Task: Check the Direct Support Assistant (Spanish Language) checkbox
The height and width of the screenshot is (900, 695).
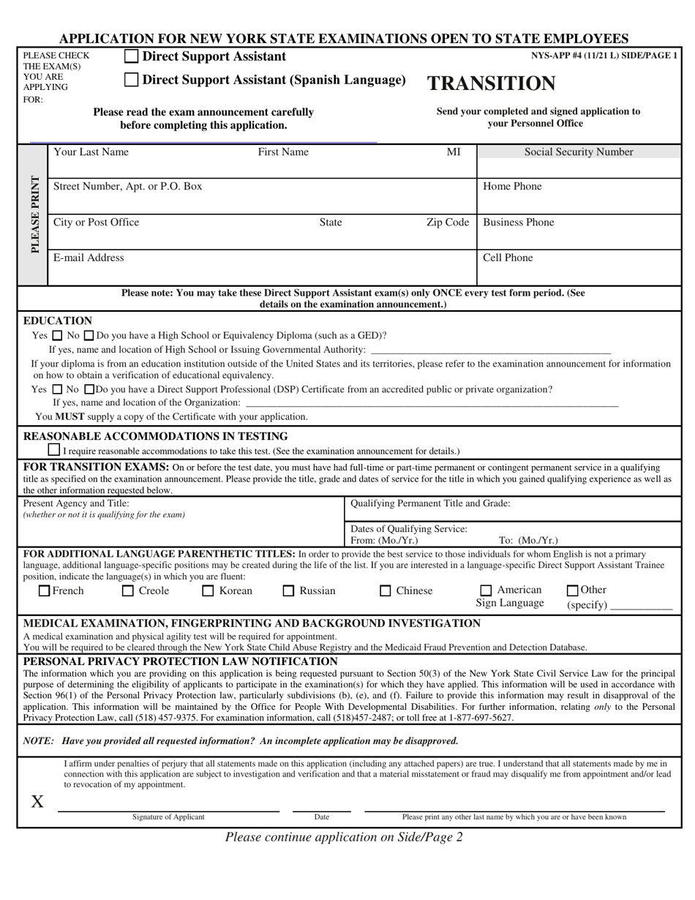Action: (x=131, y=80)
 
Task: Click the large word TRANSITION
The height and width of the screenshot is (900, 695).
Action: (x=491, y=83)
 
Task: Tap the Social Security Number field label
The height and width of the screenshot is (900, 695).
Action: (x=579, y=152)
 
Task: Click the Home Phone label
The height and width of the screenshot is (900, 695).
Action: (x=512, y=187)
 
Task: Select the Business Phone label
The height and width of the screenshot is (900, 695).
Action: (x=519, y=222)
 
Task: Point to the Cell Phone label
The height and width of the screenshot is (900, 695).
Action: (x=508, y=258)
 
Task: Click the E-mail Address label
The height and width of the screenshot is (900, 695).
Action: (x=89, y=258)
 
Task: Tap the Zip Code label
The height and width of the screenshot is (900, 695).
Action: (x=447, y=222)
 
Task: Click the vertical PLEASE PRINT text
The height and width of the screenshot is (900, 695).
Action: (x=34, y=214)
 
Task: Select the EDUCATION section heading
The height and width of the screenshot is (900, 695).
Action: (x=58, y=320)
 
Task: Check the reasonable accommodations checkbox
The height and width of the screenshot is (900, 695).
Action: (x=54, y=449)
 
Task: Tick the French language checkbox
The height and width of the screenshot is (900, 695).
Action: (x=45, y=590)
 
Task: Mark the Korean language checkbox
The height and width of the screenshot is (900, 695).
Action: (x=208, y=590)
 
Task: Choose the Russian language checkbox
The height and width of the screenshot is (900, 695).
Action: (x=289, y=590)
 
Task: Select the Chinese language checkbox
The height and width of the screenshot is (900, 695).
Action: (x=385, y=590)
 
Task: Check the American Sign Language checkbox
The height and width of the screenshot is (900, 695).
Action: (x=486, y=590)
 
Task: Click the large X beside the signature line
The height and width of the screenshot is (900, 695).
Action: (x=37, y=801)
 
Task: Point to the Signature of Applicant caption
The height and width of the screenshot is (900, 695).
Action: (x=168, y=817)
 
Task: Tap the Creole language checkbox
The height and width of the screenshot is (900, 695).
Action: (x=128, y=590)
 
